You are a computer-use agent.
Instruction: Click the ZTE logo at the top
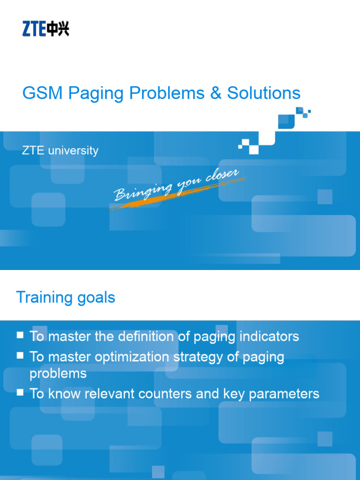45,29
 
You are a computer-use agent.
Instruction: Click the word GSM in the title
43,93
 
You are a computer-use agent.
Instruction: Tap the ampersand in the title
216,93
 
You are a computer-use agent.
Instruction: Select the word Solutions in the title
263,93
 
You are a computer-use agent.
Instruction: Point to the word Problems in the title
167,93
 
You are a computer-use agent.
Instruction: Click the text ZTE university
60,150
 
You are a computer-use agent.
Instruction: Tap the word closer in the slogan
222,176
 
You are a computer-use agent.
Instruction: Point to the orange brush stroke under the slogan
178,194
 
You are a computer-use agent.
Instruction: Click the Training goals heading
66,297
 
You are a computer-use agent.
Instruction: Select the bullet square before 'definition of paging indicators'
20,335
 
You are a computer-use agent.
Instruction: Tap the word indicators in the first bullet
269,337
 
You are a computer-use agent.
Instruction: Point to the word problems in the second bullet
58,374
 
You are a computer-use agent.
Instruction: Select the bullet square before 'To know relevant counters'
20,392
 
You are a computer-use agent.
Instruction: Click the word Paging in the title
96,93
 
